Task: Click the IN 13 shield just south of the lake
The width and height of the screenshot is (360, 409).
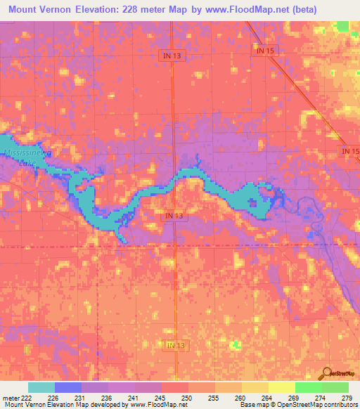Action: pos(175,216)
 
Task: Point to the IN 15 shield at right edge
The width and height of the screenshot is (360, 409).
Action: pos(350,151)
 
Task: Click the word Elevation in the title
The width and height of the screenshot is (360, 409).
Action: pos(98,9)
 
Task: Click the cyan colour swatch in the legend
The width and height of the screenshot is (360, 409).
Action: pos(41,387)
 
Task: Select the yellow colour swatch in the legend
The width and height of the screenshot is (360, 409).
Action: pos(281,387)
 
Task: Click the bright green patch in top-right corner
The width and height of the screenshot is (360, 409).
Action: pos(342,26)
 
